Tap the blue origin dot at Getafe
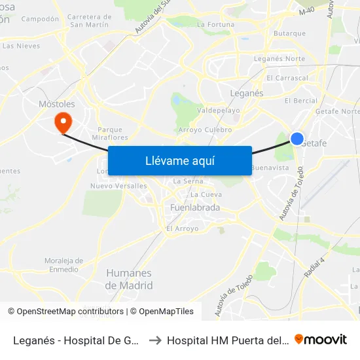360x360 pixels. click(x=297, y=139)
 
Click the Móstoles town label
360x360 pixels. click(x=58, y=104)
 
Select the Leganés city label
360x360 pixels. click(x=247, y=94)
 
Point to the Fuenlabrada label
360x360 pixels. click(x=194, y=208)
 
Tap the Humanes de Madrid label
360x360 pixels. click(x=129, y=279)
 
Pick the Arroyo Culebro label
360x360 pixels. click(x=205, y=130)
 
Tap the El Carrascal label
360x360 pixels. click(x=287, y=78)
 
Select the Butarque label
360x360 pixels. click(x=289, y=33)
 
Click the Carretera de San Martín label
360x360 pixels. click(x=89, y=20)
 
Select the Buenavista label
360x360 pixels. click(x=270, y=168)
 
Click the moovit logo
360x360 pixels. click(x=321, y=340)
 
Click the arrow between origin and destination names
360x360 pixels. click(x=155, y=340)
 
